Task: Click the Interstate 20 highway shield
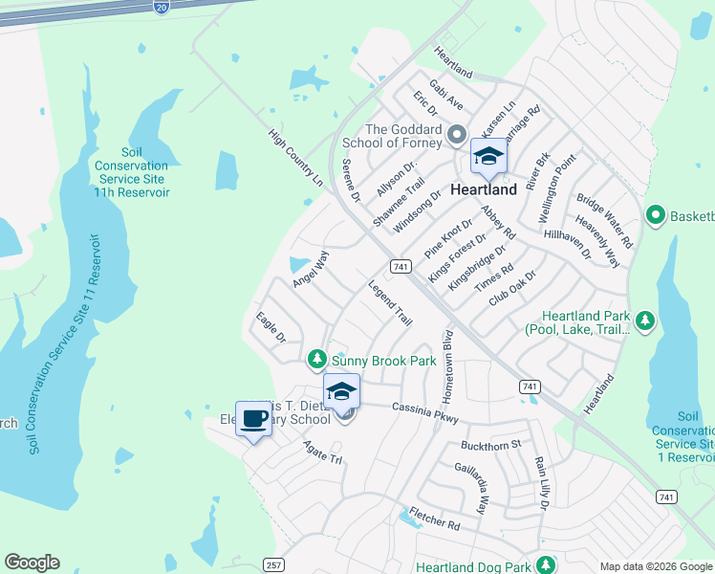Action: (x=160, y=6)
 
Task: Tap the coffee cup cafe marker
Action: (x=254, y=420)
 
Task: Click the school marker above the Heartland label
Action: (x=488, y=157)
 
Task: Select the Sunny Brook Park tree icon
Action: (x=316, y=361)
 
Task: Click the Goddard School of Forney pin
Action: (x=456, y=134)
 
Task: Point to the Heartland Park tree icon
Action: (x=645, y=320)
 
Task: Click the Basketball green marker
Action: (x=655, y=214)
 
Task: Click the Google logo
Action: (x=32, y=563)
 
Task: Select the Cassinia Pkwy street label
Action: (x=425, y=412)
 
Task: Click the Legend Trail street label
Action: (x=390, y=303)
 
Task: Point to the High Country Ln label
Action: (x=295, y=158)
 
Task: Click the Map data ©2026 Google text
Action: (x=655, y=566)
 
